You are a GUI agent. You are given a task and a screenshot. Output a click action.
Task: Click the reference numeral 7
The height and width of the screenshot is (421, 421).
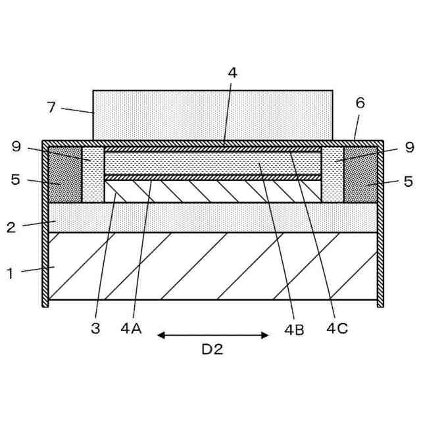[51, 107]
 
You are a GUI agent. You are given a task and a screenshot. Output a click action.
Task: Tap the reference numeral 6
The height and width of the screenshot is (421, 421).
[359, 103]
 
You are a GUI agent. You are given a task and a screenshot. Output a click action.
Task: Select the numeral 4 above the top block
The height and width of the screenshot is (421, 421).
[232, 73]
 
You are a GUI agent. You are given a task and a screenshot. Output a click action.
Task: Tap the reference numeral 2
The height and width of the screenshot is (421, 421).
[11, 228]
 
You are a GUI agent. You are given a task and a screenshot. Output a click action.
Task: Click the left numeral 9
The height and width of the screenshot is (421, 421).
[16, 147]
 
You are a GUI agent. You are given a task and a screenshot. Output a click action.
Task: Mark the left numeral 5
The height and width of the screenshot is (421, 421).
[15, 179]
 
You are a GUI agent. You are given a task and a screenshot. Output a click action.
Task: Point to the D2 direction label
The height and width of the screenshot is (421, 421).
[212, 350]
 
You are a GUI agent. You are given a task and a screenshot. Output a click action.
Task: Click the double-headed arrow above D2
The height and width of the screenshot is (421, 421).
[212, 335]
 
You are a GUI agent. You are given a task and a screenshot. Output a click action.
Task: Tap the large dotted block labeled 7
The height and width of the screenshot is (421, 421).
[212, 115]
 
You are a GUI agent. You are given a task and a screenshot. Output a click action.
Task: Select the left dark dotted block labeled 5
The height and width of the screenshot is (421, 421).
[65, 176]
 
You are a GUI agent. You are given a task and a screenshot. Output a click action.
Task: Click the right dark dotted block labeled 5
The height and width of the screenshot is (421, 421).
[360, 176]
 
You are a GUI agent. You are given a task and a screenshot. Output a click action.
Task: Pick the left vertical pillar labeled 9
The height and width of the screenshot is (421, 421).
[93, 174]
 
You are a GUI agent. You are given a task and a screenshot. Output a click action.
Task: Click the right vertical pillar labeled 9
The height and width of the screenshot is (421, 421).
[332, 174]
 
